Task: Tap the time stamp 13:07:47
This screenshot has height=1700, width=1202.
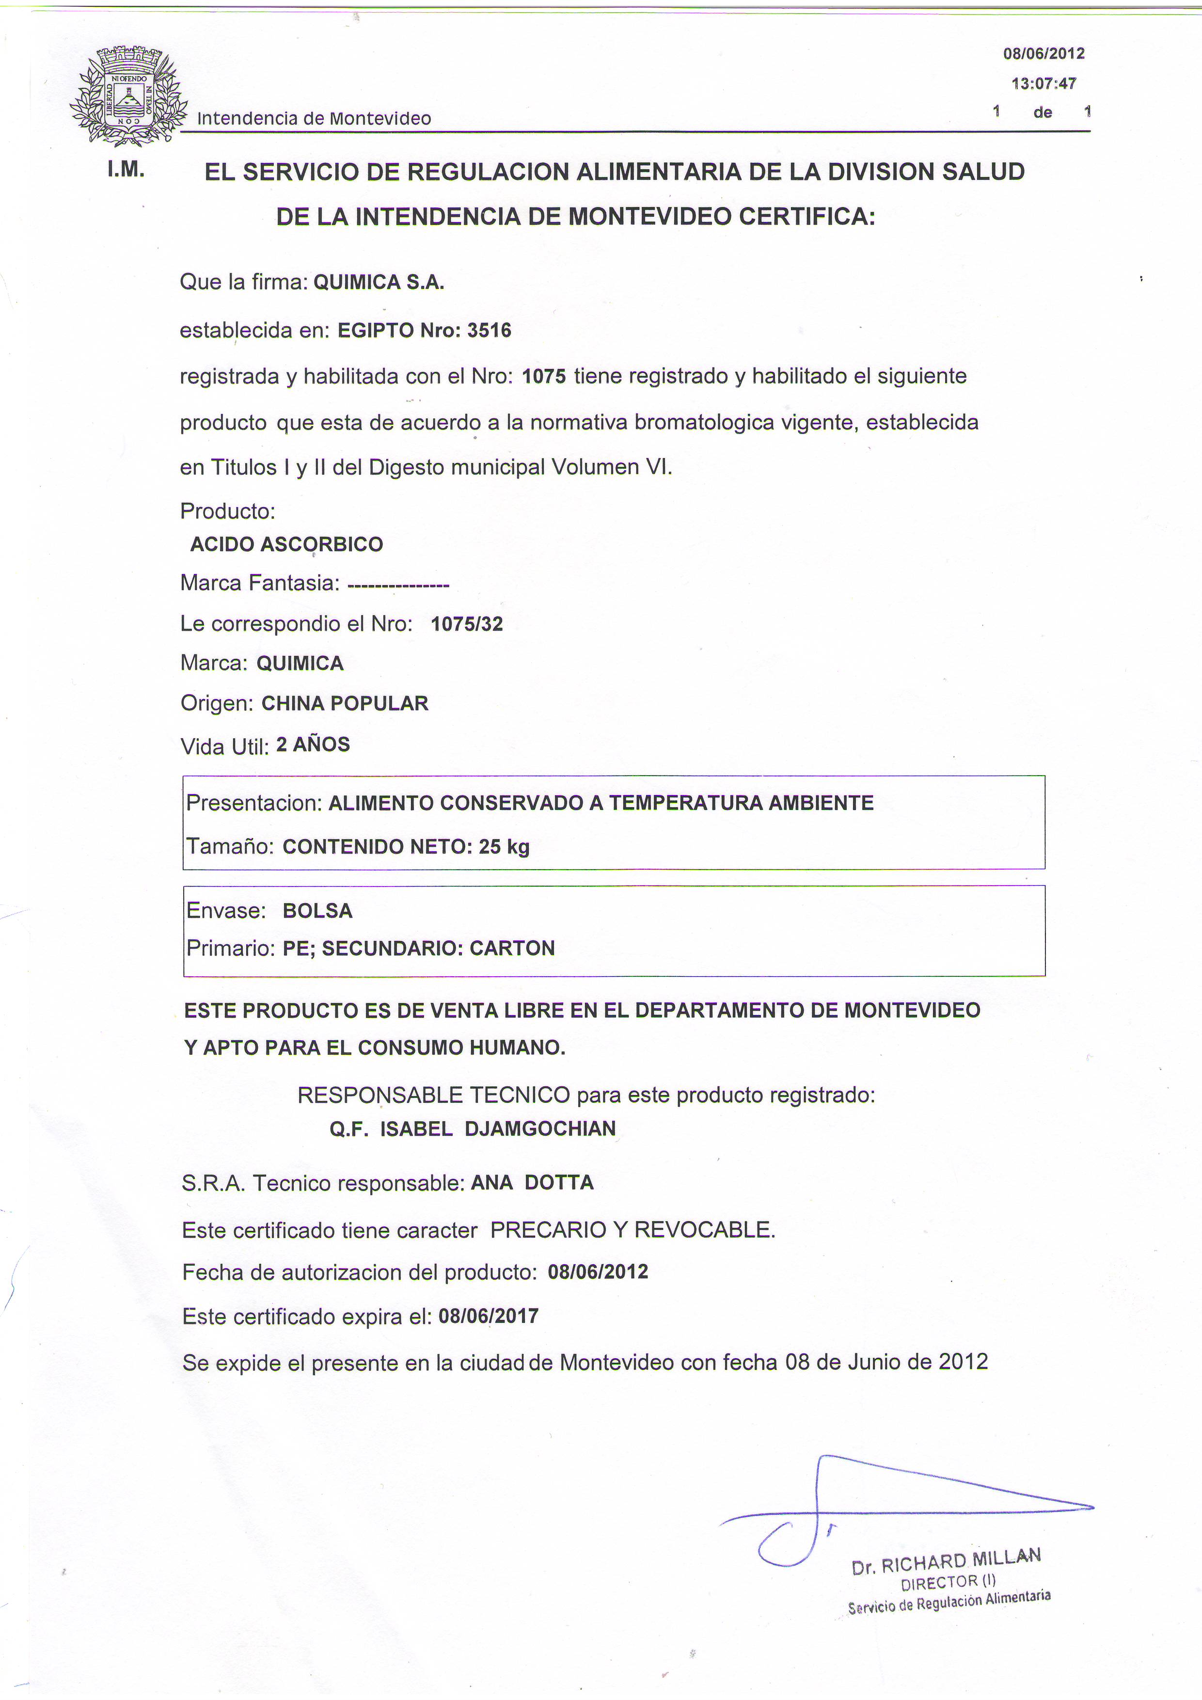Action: tap(1043, 84)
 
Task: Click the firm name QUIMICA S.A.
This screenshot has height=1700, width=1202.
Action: tap(379, 282)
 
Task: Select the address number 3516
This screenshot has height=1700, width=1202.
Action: tap(489, 330)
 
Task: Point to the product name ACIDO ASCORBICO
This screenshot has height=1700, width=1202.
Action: tap(286, 544)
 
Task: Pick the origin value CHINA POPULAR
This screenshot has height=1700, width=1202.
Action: tap(345, 703)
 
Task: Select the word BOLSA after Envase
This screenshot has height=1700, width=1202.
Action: tap(317, 911)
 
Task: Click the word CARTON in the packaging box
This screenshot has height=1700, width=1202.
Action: tap(512, 949)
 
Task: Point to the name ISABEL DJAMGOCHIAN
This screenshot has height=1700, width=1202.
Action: tap(497, 1128)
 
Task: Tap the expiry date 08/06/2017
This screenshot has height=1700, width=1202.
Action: tap(489, 1316)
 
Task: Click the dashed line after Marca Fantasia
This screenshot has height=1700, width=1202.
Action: tap(398, 586)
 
